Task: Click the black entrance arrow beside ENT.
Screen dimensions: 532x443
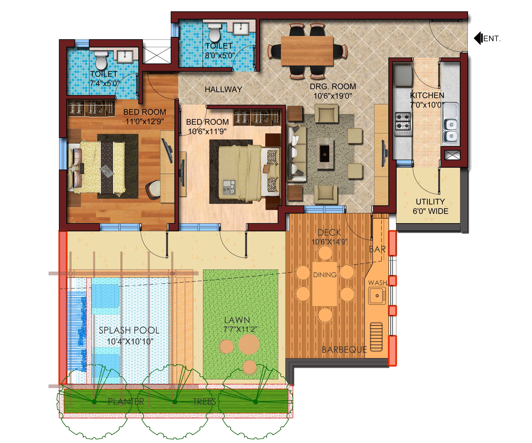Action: tap(478, 38)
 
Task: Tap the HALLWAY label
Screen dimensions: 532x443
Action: tap(223, 89)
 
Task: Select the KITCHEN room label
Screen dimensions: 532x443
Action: tap(427, 96)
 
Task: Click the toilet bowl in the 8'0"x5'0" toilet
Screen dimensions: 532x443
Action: tap(215, 33)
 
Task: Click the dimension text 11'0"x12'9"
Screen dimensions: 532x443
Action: tap(145, 122)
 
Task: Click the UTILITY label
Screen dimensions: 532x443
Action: tap(430, 202)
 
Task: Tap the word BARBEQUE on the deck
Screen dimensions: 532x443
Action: tap(344, 350)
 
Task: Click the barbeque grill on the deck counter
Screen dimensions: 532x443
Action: tap(376, 337)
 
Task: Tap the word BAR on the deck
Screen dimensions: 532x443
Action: tap(377, 249)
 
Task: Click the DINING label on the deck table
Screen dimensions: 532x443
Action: tap(325, 275)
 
